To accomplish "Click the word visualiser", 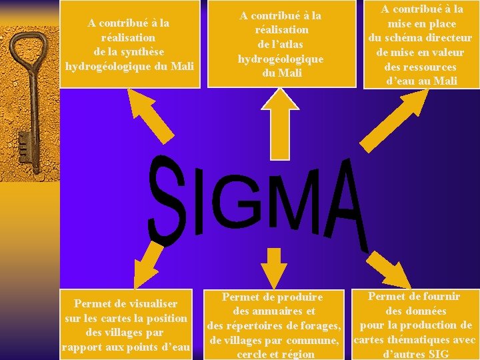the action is [x=149, y=304].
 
